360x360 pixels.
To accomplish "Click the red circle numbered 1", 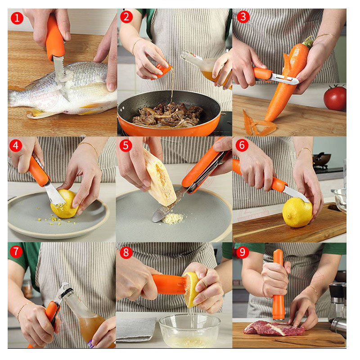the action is click(17, 18).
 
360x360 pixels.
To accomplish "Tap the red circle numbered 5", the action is click(126, 145).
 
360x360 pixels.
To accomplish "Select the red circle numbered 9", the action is click(243, 252).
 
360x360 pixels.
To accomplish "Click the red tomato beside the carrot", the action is click(335, 98).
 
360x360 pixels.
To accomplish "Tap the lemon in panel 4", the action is click(64, 204).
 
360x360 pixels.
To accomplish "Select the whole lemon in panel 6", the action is click(297, 212).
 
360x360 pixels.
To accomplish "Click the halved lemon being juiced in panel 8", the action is click(191, 289).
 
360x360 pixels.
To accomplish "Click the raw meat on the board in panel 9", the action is click(274, 328).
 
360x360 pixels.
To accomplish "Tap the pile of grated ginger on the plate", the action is click(173, 218).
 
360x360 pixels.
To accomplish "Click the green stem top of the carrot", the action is click(308, 41).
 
